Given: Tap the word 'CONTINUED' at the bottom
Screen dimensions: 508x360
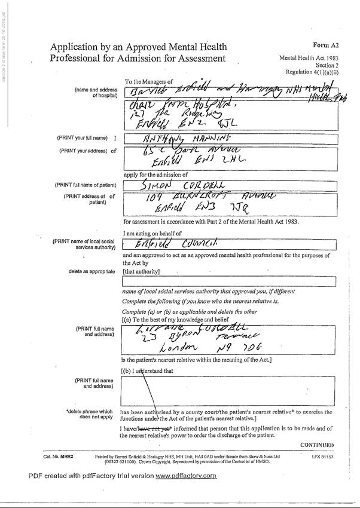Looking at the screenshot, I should tap(316, 445).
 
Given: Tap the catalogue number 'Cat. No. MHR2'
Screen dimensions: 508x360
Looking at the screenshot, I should tap(58, 456).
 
